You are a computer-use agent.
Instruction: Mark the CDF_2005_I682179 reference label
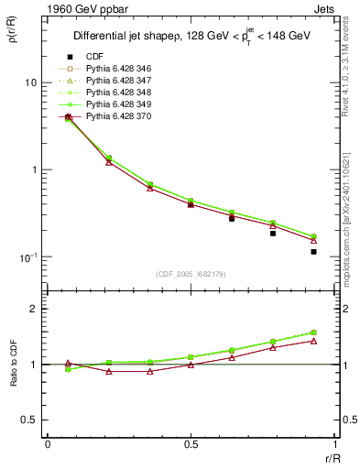191,274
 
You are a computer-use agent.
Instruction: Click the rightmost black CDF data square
313,251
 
